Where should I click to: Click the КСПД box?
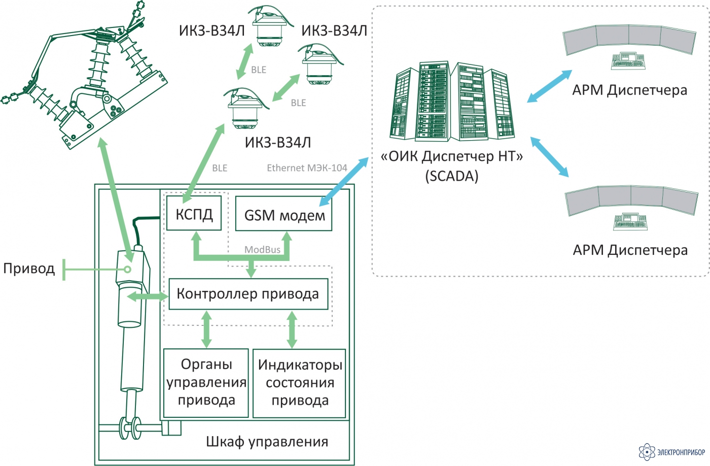point(194,213)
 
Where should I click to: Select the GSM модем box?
point(283,214)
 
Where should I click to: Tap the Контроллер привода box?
point(248,294)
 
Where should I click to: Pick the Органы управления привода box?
point(206,383)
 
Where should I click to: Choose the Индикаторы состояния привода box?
point(299,383)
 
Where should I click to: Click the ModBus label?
point(262,250)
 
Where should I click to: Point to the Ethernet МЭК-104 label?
point(307,168)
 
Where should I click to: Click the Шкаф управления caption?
point(267,442)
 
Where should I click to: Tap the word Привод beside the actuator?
point(29,269)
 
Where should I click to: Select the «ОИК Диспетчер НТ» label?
point(452,156)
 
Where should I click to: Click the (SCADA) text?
point(452,176)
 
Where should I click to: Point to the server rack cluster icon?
point(452,101)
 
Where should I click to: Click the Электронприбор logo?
point(672,452)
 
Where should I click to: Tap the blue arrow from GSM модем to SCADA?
point(344,181)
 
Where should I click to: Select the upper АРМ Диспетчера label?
point(629,90)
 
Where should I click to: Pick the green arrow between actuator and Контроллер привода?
point(148,297)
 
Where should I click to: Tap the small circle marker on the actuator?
point(127,270)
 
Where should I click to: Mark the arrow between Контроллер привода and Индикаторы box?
point(292,329)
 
